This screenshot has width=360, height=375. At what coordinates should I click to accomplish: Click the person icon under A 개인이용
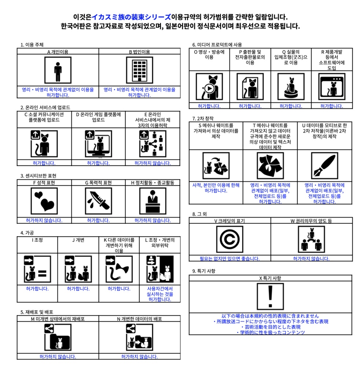58,70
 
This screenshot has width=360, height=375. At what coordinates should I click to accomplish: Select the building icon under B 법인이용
139,70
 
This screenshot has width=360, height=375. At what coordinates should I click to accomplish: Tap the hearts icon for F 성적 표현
44,201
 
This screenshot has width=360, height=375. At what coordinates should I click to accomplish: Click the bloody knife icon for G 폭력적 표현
98,201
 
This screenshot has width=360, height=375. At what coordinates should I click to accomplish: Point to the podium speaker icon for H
153,201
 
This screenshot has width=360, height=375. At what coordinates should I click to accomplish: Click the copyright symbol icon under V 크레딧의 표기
229,239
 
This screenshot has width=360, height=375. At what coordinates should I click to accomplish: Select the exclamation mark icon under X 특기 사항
270,296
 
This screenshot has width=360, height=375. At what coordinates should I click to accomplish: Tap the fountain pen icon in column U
324,166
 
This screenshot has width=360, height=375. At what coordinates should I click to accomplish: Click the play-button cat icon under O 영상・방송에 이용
209,87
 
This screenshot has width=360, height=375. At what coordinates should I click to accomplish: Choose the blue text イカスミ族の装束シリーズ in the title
131,17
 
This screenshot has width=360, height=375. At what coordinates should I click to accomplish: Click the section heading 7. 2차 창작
203,118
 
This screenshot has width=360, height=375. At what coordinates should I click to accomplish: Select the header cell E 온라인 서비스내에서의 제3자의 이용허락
153,119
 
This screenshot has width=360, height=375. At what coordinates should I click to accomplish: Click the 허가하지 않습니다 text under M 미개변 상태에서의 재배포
58,356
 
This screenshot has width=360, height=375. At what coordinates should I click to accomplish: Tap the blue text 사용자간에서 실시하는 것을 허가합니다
160,294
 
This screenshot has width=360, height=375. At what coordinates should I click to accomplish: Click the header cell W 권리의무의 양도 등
311,221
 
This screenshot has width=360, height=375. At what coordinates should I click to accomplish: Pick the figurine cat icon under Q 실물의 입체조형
291,87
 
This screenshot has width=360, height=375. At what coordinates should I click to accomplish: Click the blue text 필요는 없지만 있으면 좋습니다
229,259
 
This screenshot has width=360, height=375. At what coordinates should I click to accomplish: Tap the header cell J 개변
78,240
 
